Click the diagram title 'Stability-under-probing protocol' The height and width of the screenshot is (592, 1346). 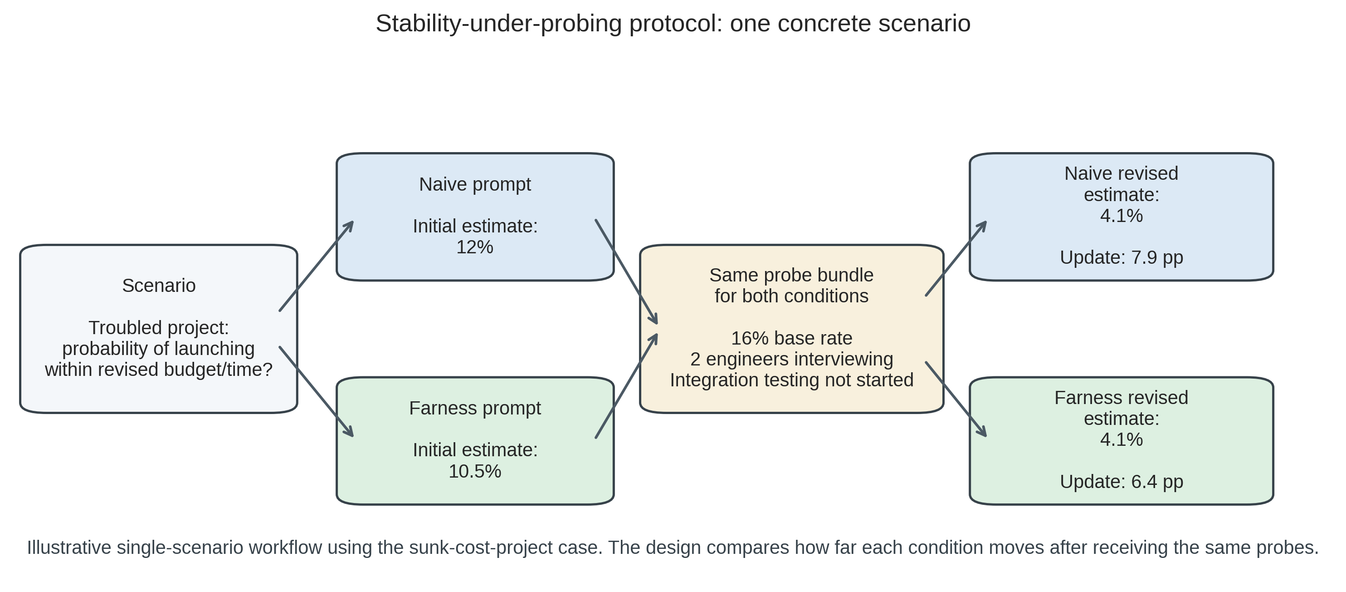coord(673,24)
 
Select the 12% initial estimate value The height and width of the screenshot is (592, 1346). coord(474,247)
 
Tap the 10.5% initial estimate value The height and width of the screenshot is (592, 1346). coord(474,471)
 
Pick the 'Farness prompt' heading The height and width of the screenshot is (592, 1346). coord(474,409)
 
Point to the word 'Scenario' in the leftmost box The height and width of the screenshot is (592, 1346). coord(159,286)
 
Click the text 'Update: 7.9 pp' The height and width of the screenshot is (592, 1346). coord(1122,258)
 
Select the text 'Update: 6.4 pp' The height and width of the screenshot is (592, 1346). coord(1122,482)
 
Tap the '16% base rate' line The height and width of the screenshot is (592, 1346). coord(791,338)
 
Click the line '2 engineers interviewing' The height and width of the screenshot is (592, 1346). coord(791,359)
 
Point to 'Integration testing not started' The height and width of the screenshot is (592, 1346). coord(791,380)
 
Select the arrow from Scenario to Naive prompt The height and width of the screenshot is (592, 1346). coord(317,266)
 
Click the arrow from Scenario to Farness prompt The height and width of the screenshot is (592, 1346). coord(317,391)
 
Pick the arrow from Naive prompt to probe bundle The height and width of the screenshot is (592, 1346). coord(626,272)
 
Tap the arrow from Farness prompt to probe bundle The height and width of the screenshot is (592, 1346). coord(626,386)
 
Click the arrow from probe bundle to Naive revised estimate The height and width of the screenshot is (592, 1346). coord(956,259)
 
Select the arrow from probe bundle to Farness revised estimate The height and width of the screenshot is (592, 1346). coord(956,399)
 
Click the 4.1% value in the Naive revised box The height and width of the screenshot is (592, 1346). coord(1122,216)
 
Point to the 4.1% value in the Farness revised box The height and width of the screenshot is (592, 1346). coord(1122,440)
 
